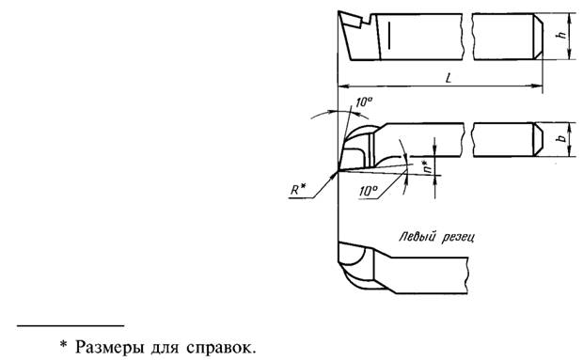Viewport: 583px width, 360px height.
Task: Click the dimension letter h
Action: [561, 35]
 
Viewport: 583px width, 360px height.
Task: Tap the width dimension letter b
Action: [561, 139]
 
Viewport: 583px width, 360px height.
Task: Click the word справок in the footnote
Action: [217, 348]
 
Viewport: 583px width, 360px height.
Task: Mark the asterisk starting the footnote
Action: [64, 346]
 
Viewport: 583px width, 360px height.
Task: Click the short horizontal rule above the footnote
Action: [71, 324]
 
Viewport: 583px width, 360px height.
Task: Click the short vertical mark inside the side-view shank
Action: [387, 36]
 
